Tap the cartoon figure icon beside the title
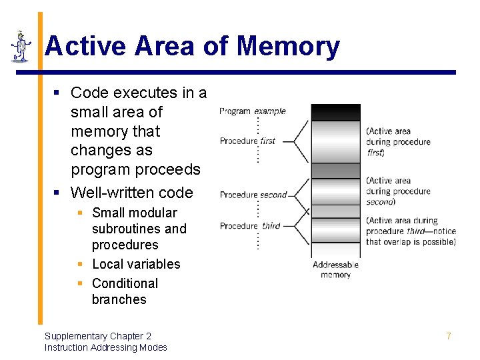click(21, 47)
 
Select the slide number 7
click(449, 336)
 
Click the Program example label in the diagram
click(253, 111)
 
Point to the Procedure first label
click(247, 141)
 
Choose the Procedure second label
click(253, 195)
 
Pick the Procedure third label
click(250, 226)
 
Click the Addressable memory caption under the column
click(335, 269)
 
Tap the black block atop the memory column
click(335, 111)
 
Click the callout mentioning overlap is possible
click(411, 231)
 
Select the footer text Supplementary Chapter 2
click(98, 336)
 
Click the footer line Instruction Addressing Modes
click(105, 347)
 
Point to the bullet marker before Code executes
click(57, 93)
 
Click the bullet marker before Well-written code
click(57, 193)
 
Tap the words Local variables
click(136, 264)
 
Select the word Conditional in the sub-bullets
click(125, 283)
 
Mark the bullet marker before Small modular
click(79, 213)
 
